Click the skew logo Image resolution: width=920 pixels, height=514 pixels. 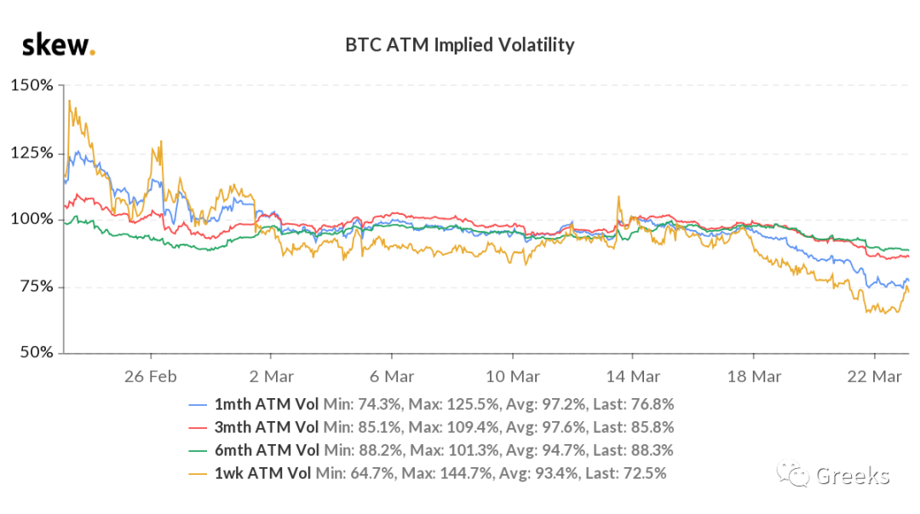pyautogui.click(x=58, y=44)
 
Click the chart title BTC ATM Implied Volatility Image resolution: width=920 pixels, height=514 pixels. pyautogui.click(x=460, y=44)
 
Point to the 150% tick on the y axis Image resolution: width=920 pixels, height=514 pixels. pyautogui.click(x=32, y=85)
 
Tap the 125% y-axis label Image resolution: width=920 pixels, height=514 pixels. pyautogui.click(x=32, y=153)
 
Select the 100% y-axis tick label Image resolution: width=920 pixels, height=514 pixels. pyautogui.click(x=32, y=219)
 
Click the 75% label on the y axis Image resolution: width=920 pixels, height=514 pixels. pyautogui.click(x=36, y=286)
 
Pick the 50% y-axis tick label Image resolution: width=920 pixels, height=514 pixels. pyautogui.click(x=36, y=352)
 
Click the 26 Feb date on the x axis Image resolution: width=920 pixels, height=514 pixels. pyautogui.click(x=150, y=375)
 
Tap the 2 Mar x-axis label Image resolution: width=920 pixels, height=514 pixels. pyautogui.click(x=271, y=375)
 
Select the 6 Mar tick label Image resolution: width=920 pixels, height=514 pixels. pyautogui.click(x=392, y=375)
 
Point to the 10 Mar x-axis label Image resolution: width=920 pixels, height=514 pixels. pyautogui.click(x=512, y=375)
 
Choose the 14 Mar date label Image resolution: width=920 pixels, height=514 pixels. pyautogui.click(x=633, y=375)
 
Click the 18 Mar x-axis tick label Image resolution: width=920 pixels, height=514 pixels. pyautogui.click(x=754, y=375)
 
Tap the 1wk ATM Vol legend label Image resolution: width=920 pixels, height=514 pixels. pyautogui.click(x=263, y=472)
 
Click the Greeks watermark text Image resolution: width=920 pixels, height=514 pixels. pyautogui.click(x=853, y=476)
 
